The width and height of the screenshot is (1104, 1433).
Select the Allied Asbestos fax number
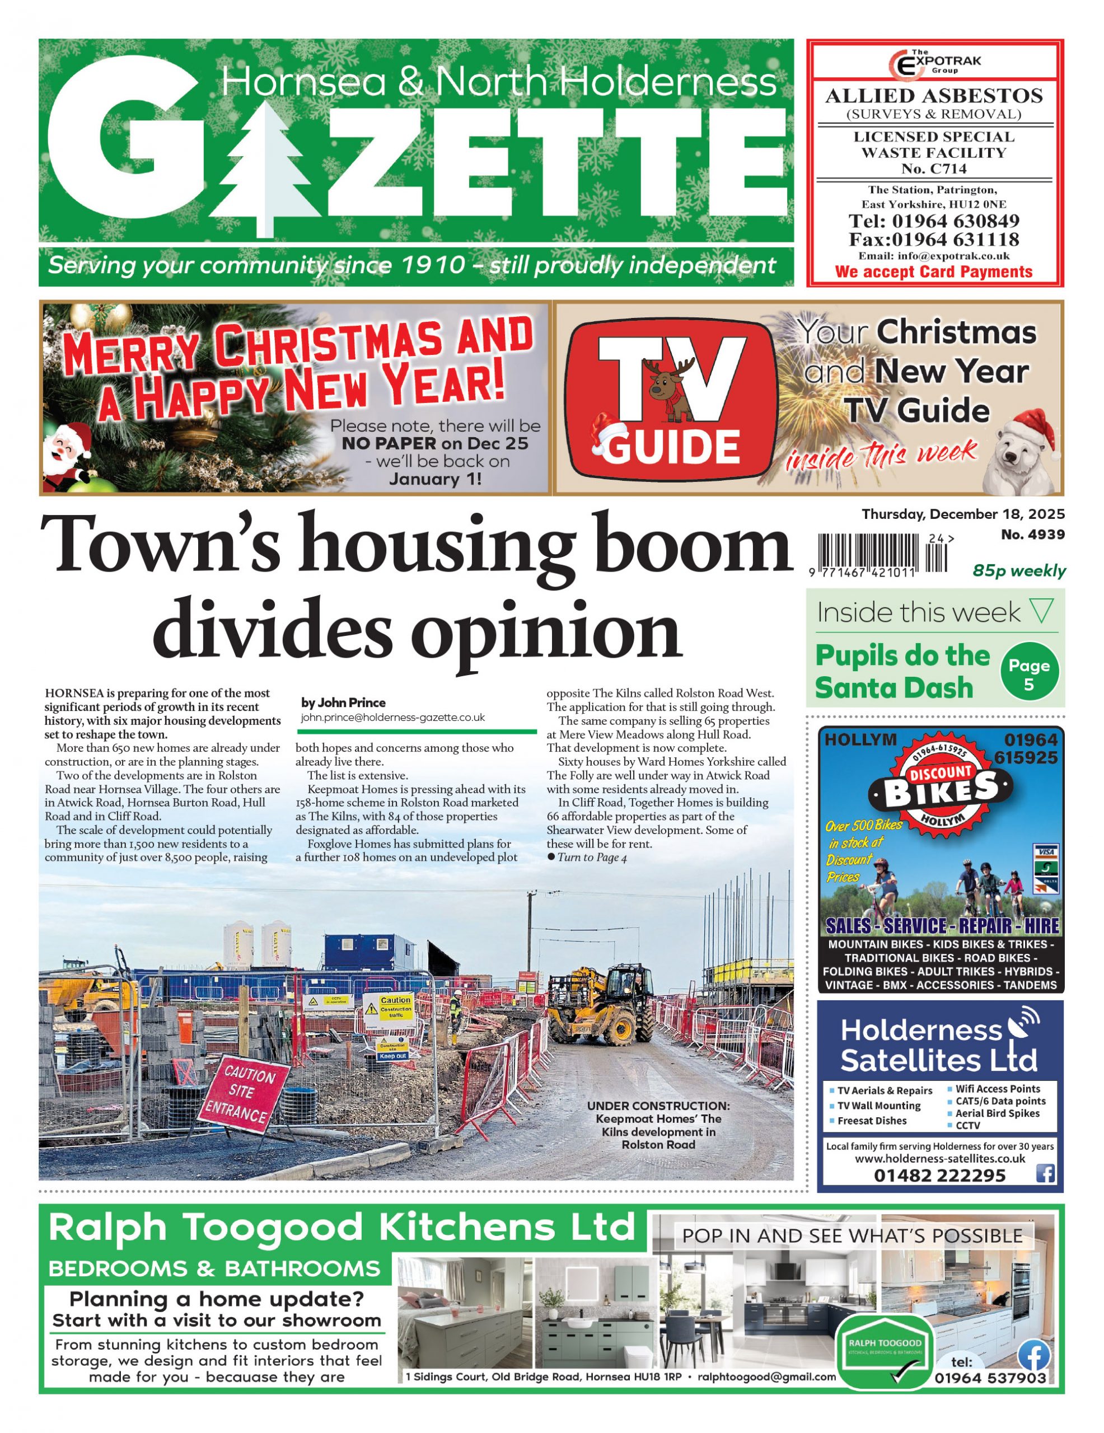pyautogui.click(x=933, y=240)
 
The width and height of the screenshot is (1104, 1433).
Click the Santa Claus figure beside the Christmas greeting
pyautogui.click(x=68, y=453)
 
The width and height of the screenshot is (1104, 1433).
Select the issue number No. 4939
pyautogui.click(x=1032, y=535)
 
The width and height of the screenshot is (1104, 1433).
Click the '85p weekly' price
pyautogui.click(x=1019, y=571)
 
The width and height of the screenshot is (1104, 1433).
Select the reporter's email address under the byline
pyautogui.click(x=392, y=718)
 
